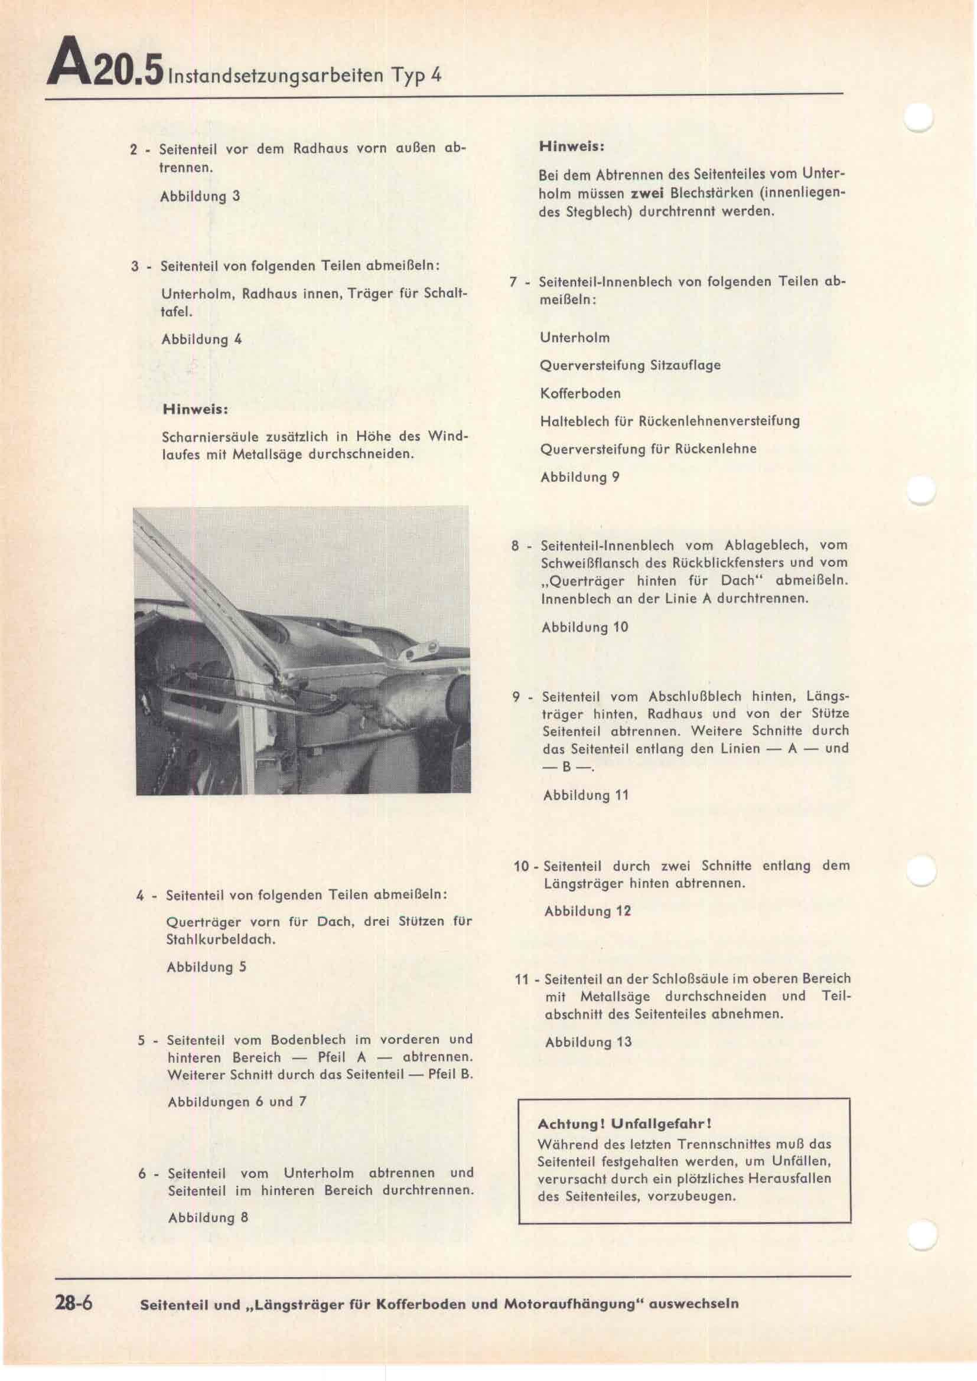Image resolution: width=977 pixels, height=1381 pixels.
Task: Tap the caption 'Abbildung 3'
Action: pos(200,196)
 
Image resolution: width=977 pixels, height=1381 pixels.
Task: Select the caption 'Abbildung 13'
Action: pos(588,1042)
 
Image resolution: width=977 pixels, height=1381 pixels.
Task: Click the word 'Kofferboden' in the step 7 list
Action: pos(580,393)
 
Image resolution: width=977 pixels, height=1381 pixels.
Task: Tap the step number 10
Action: pos(522,867)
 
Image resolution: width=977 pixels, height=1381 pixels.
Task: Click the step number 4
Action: pos(140,896)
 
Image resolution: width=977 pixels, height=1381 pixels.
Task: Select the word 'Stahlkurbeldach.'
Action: pos(220,939)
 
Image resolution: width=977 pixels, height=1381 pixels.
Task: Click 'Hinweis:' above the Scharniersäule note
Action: pos(196,410)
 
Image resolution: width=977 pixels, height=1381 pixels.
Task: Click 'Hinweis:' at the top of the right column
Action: pos(572,146)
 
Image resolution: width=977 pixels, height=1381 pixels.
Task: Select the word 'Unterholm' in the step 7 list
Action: pos(575,338)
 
